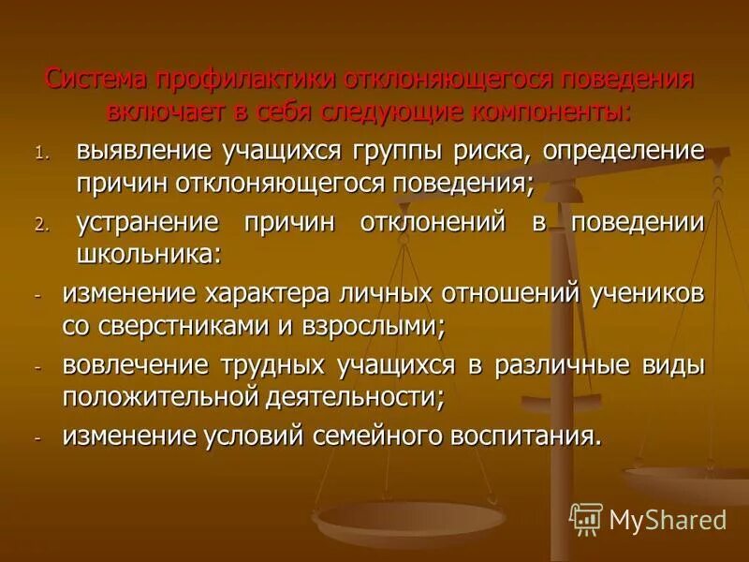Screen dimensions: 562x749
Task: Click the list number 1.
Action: tap(40, 151)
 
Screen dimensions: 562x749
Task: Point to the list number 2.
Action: tap(40, 225)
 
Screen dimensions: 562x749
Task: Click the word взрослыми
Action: tap(376, 327)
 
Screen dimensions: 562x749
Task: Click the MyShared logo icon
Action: tap(586, 519)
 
